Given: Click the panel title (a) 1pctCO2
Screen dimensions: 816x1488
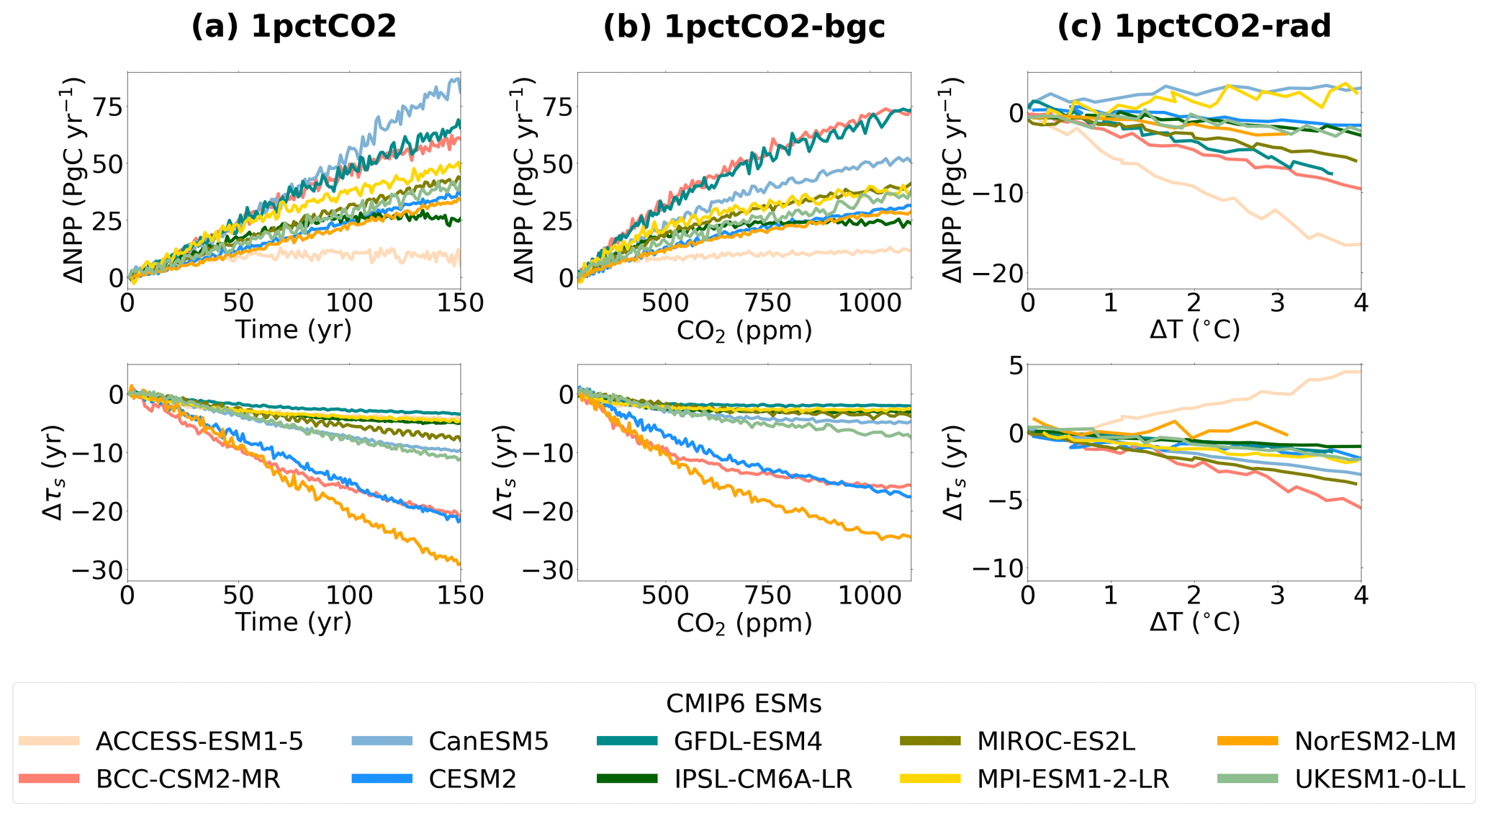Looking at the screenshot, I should pos(294,27).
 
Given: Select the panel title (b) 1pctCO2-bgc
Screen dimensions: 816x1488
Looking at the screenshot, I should pos(744,27).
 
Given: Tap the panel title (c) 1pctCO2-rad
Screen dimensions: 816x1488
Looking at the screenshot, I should pos(1194,27).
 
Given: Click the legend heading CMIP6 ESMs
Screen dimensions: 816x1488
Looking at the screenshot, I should pos(744,703).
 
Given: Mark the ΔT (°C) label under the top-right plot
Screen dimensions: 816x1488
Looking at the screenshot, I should pos(1194,330).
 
